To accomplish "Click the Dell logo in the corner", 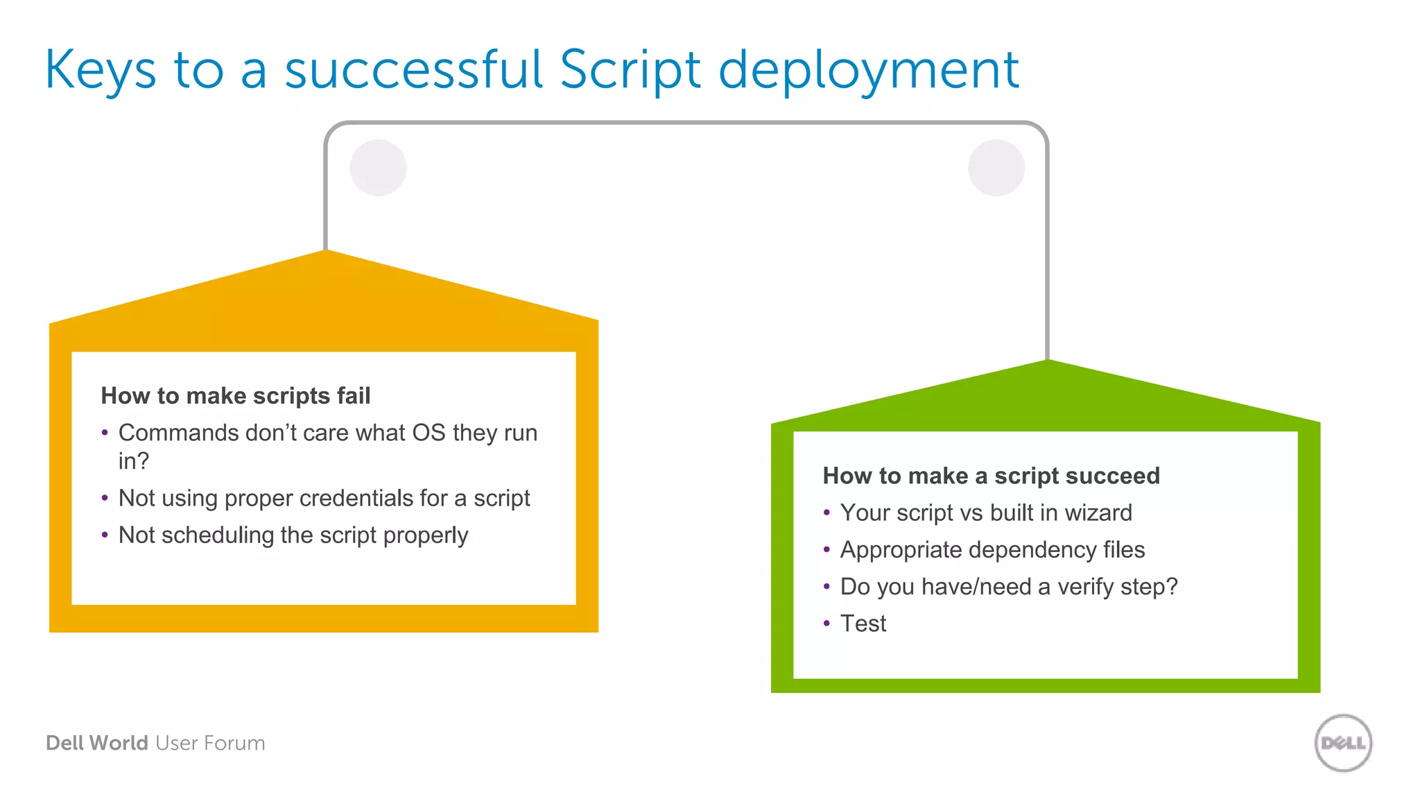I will [1343, 743].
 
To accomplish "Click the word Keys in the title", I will [101, 71].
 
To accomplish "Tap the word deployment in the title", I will [868, 71].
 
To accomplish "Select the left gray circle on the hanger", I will [378, 168].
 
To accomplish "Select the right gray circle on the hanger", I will [996, 168].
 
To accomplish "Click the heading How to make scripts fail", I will [236, 395].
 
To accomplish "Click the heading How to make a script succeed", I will [991, 476].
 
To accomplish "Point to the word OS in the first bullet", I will [428, 433].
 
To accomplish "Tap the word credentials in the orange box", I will [356, 498].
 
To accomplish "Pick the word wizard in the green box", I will [1098, 513].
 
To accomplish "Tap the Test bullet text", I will [863, 624].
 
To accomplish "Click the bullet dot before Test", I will [826, 624].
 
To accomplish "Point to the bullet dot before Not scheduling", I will [105, 535].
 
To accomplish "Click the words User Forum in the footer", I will [210, 743].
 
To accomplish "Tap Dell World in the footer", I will [97, 743].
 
